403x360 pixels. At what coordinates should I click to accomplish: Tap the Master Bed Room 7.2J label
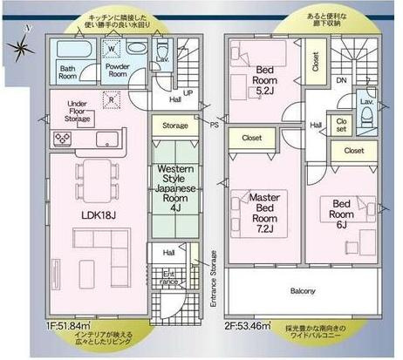[x=263, y=209]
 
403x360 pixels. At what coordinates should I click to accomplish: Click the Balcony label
[x=297, y=290]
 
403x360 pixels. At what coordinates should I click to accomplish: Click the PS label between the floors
[x=215, y=126]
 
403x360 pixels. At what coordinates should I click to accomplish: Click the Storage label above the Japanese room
[x=175, y=126]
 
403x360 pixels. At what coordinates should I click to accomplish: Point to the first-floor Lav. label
[x=162, y=58]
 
